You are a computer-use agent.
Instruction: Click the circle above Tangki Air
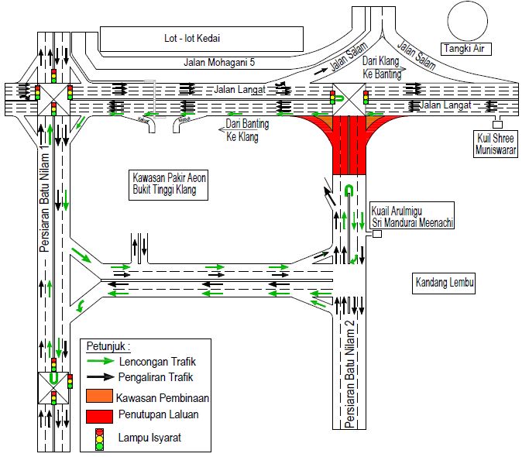click(467, 19)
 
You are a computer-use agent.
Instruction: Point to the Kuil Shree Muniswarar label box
click(497, 144)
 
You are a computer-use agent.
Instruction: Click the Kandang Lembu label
click(443, 283)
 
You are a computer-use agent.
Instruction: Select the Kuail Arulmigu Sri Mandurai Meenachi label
click(411, 216)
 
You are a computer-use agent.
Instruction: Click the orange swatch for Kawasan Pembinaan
click(99, 397)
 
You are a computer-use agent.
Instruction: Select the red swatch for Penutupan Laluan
click(99, 416)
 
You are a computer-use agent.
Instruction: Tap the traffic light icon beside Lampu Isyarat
click(98, 438)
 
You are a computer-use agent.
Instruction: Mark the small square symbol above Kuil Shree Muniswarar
click(497, 125)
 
